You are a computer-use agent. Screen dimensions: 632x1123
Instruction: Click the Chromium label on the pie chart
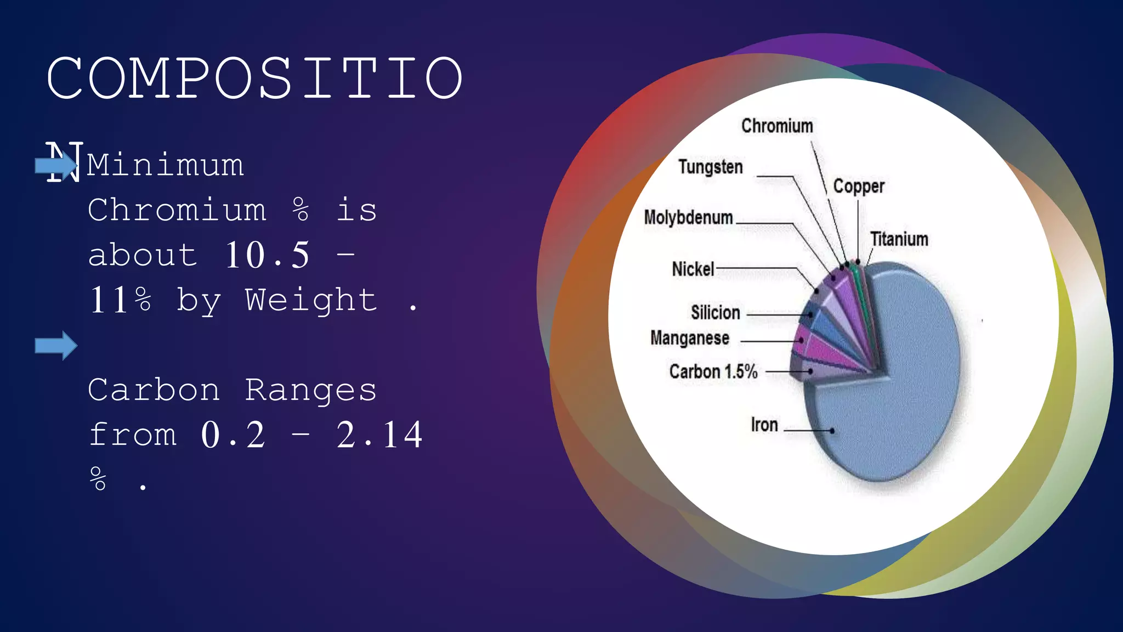click(776, 126)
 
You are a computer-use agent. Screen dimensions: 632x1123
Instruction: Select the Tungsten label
click(710, 167)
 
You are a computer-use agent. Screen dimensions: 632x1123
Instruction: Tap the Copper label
click(858, 187)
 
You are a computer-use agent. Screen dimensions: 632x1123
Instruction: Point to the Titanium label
click(899, 239)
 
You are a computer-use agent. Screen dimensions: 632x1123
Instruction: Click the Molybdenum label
click(688, 218)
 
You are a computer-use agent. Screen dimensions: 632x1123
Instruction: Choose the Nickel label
click(693, 269)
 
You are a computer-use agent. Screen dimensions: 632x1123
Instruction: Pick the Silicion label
click(715, 313)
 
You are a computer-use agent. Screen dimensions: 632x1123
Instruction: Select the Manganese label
click(689, 338)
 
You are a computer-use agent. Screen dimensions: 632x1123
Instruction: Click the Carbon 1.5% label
click(713, 372)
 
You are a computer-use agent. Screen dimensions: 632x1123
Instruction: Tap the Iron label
click(764, 425)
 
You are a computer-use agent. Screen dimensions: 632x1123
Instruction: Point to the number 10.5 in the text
click(267, 255)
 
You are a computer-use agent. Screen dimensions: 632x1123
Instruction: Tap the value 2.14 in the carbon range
click(379, 435)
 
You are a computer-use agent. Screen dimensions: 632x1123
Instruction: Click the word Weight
click(311, 300)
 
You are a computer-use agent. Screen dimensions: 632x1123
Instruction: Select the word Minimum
click(165, 165)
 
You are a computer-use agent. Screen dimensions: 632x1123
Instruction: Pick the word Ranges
click(311, 390)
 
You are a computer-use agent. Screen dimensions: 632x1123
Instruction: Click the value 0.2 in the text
click(233, 435)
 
